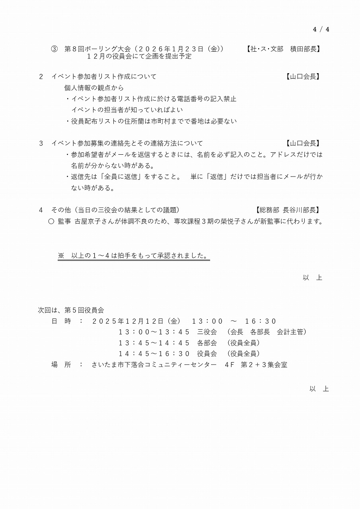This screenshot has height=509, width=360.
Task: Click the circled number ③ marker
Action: pos(54,49)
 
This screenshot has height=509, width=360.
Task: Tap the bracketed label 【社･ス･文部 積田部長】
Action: pos(283,49)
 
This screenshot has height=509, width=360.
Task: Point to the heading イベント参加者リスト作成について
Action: pos(104,77)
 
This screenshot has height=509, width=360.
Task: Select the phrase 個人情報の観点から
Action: pos(94,88)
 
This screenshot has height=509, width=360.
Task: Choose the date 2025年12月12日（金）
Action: pos(136,321)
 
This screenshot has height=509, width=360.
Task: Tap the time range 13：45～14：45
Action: pos(154,343)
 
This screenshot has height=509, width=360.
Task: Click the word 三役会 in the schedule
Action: pos(206,332)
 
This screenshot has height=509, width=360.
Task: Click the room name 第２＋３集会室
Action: pos(264,365)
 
